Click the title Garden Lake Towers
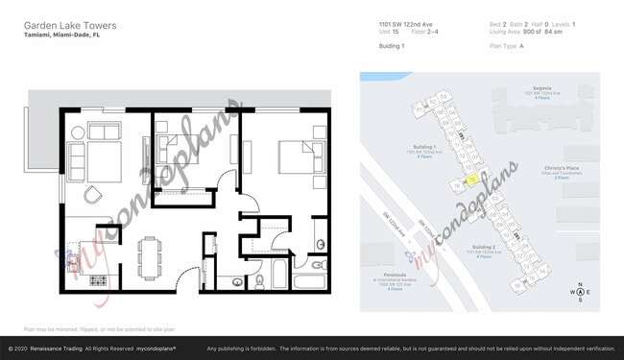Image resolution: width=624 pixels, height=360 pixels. (x=63, y=24)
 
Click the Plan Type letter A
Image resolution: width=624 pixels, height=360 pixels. (x=521, y=45)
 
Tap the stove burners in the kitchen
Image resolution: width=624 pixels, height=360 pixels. (x=98, y=280)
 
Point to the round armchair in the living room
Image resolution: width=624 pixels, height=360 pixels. (x=93, y=195)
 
